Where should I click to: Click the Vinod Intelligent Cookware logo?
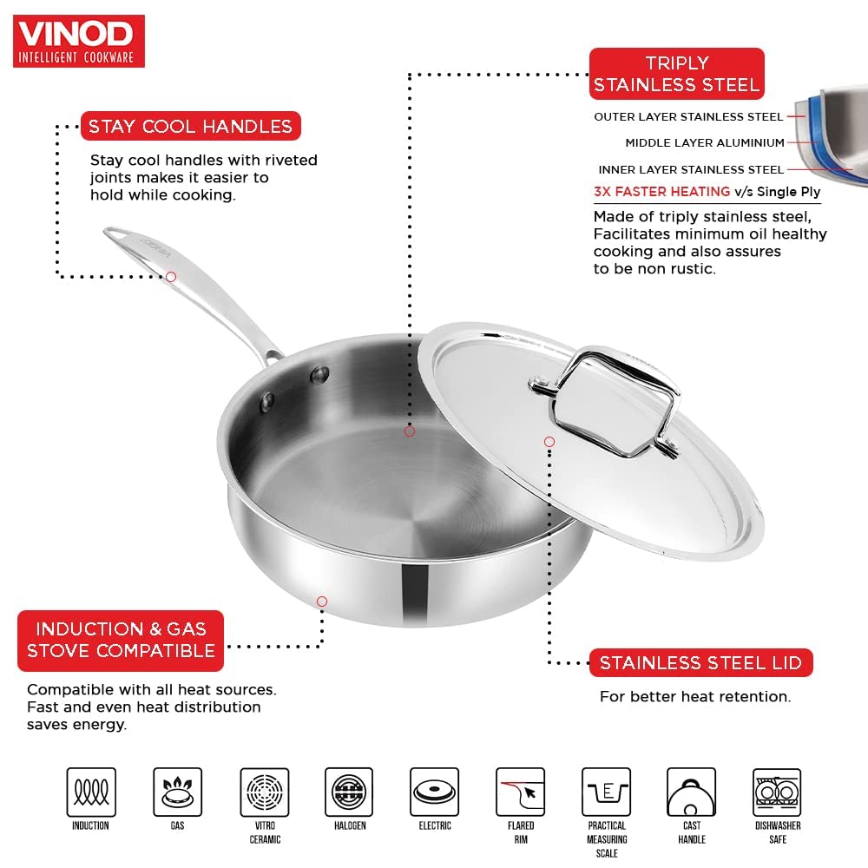click(x=79, y=42)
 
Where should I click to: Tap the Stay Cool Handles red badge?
click(x=190, y=126)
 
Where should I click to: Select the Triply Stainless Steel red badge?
click(x=676, y=74)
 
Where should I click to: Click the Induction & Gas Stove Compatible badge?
click(x=121, y=641)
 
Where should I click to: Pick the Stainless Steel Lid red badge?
click(x=700, y=662)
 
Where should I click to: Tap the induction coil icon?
click(x=91, y=792)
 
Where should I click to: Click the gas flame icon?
click(x=178, y=792)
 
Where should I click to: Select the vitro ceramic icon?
click(x=265, y=792)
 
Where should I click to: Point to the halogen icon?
click(x=349, y=792)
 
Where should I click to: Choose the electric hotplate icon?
click(x=435, y=792)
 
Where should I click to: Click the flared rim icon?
click(x=520, y=792)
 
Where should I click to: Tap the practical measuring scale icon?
click(x=606, y=792)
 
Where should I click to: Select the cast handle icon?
click(x=692, y=792)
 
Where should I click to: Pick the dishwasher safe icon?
click(x=777, y=792)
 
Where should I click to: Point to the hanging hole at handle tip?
click(x=114, y=234)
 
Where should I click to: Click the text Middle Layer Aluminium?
click(x=705, y=143)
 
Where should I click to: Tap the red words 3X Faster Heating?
click(x=662, y=192)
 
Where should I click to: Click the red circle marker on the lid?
click(x=549, y=442)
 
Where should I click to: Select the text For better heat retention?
click(x=695, y=696)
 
